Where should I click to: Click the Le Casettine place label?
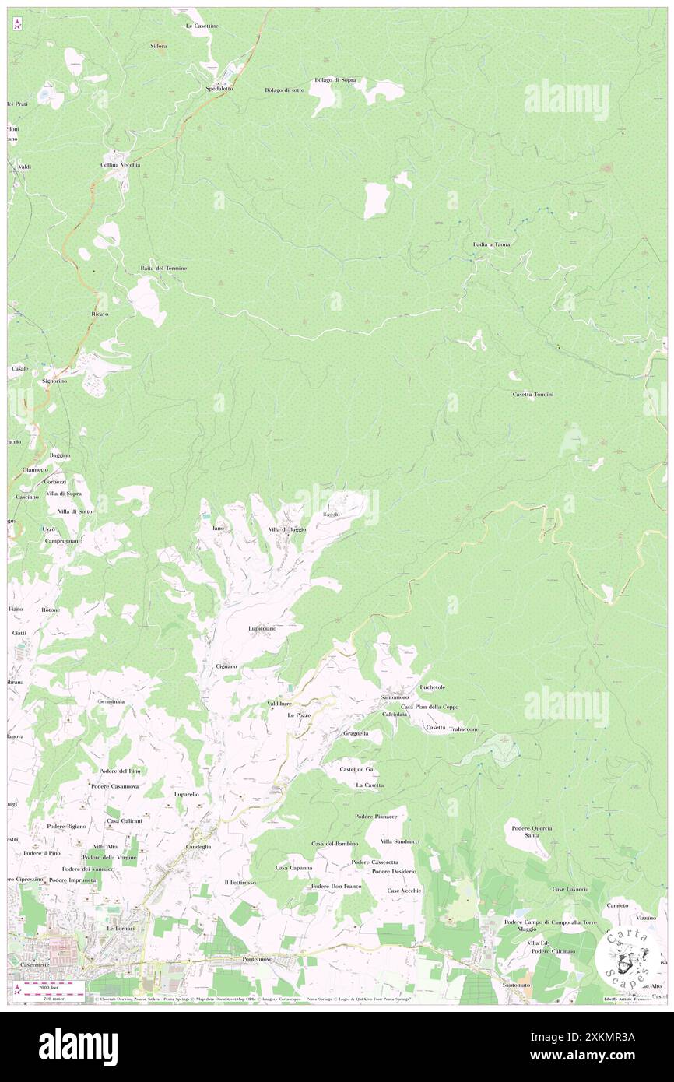[x=202, y=26]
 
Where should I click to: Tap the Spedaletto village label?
[x=219, y=89]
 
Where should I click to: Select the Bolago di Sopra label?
[x=335, y=80]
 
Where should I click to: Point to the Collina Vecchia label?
[x=120, y=165]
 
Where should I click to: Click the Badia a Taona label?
[x=491, y=244]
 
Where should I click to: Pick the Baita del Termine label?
[x=163, y=268]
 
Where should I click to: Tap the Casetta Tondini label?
[x=533, y=395]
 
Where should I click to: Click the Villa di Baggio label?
[x=287, y=529]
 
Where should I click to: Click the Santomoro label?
[x=395, y=697]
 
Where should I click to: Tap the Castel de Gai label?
[x=357, y=769]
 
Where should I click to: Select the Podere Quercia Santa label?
[x=532, y=831]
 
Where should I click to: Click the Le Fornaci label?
[x=121, y=929]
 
